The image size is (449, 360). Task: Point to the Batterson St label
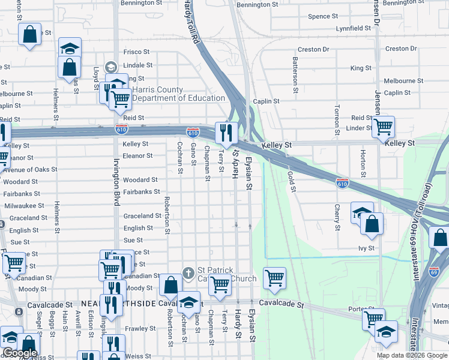[x=295, y=76]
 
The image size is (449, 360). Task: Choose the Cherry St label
[x=337, y=217]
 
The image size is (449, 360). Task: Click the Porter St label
[x=357, y=310]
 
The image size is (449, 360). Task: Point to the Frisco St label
[x=136, y=52]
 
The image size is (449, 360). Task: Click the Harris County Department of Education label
[x=178, y=94]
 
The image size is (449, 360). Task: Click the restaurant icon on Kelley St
[x=226, y=133]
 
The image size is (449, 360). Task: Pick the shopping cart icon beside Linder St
[x=383, y=127]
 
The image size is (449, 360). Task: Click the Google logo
[x=20, y=353]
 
